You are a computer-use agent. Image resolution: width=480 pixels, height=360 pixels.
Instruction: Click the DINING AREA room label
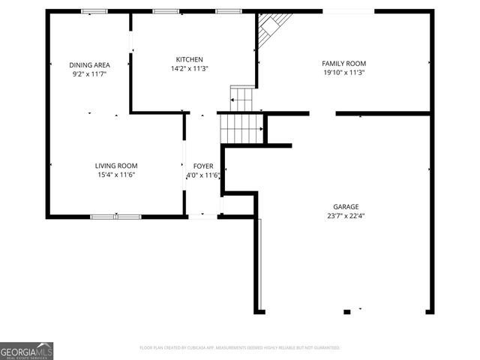pyautogui.click(x=89, y=65)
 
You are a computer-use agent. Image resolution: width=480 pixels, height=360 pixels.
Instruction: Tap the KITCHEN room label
pyautogui.click(x=189, y=59)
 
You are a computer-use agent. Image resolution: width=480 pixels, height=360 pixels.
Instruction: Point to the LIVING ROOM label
pyautogui.click(x=115, y=166)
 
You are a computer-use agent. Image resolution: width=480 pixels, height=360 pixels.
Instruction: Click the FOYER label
pyautogui.click(x=203, y=166)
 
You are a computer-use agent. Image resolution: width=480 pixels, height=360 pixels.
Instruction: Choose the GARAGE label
pyautogui.click(x=346, y=207)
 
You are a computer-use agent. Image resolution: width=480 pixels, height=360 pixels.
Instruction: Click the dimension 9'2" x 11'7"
pyautogui.click(x=89, y=74)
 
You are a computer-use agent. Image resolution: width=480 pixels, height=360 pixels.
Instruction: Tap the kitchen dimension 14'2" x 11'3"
pyautogui.click(x=189, y=68)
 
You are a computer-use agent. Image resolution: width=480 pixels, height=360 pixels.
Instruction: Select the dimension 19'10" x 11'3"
pyautogui.click(x=343, y=73)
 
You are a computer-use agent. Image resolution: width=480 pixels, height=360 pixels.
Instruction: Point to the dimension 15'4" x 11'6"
pyautogui.click(x=115, y=175)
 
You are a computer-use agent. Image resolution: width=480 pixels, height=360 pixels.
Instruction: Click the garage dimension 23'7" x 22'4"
pyautogui.click(x=346, y=216)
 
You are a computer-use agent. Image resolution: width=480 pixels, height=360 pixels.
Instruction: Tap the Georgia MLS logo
pyautogui.click(x=26, y=351)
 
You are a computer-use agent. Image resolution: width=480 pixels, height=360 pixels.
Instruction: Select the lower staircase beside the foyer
pyautogui.click(x=242, y=128)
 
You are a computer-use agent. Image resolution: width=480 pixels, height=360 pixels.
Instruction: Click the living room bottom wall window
pyautogui.click(x=115, y=217)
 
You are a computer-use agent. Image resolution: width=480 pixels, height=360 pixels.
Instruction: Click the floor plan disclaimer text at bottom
pyautogui.click(x=240, y=348)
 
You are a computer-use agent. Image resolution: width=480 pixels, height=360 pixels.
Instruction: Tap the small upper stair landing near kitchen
pyautogui.click(x=241, y=98)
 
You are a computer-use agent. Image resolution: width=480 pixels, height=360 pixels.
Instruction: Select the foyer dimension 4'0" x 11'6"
pyautogui.click(x=203, y=175)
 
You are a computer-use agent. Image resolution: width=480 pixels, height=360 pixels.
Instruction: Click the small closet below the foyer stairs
pyautogui.click(x=238, y=205)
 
